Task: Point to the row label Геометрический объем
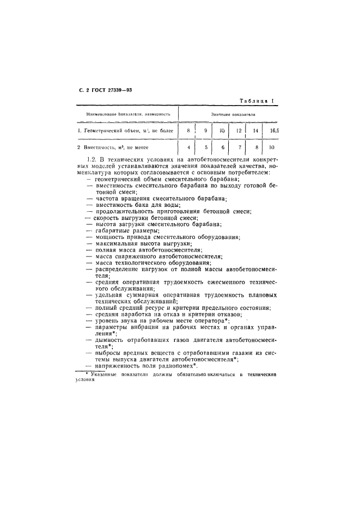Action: point(125,131)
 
